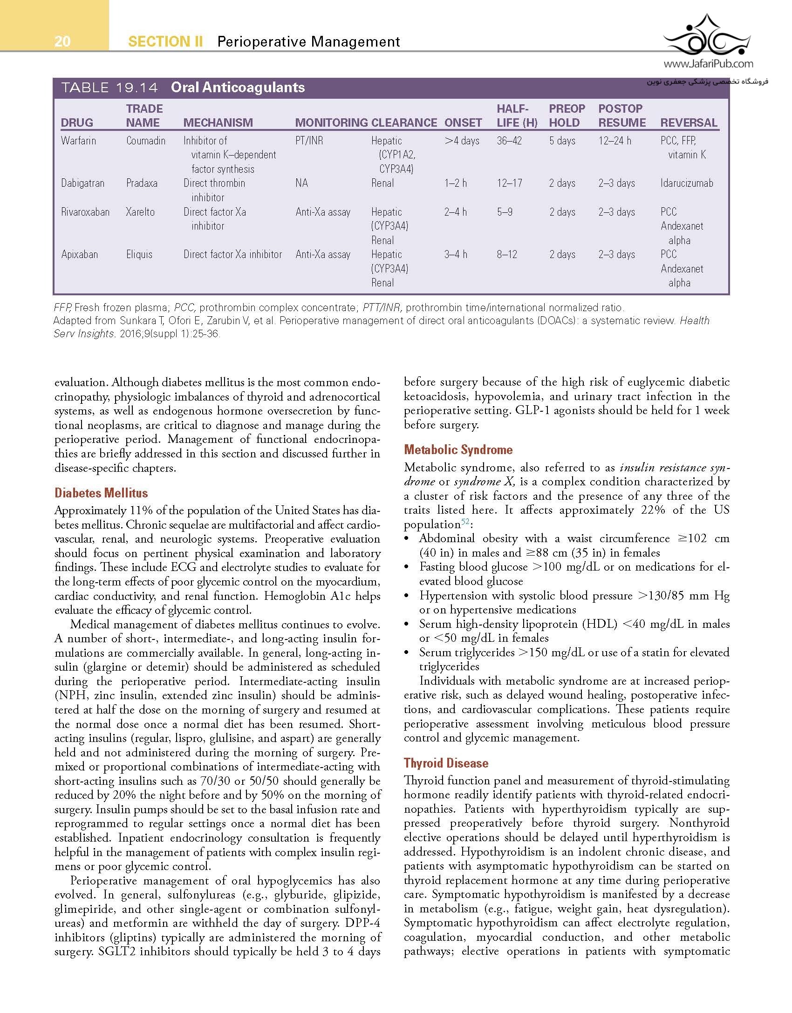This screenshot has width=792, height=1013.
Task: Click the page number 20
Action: pyautogui.click(x=62, y=41)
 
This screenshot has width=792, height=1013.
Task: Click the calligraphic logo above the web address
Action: pyautogui.click(x=707, y=35)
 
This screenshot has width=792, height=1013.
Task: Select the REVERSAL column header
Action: pyautogui.click(x=689, y=122)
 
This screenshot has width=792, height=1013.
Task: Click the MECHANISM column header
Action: pyautogui.click(x=218, y=122)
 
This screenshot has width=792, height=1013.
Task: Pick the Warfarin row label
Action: pyautogui.click(x=78, y=141)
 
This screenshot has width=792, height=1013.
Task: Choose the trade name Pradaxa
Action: pyautogui.click(x=142, y=183)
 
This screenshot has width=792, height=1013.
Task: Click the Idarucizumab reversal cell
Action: pyautogui.click(x=686, y=183)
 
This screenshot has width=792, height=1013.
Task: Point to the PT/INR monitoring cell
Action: pyautogui.click(x=309, y=141)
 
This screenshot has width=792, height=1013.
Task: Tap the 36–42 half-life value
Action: pyautogui.click(x=509, y=141)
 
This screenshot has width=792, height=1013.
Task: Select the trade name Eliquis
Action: pyautogui.click(x=139, y=254)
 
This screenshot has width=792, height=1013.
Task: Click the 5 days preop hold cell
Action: pyautogui.click(x=562, y=141)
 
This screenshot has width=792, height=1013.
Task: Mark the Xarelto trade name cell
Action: pyautogui.click(x=140, y=212)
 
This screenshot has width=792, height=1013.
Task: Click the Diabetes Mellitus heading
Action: pyautogui.click(x=101, y=493)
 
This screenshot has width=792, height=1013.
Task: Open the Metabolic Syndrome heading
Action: pyautogui.click(x=458, y=449)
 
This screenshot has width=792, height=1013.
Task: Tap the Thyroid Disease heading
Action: pyautogui.click(x=446, y=763)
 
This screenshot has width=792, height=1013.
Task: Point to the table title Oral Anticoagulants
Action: pyautogui.click(x=238, y=88)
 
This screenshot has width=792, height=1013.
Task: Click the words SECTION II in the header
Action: pyautogui.click(x=165, y=42)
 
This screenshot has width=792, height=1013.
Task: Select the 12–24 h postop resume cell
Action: pyautogui.click(x=614, y=141)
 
